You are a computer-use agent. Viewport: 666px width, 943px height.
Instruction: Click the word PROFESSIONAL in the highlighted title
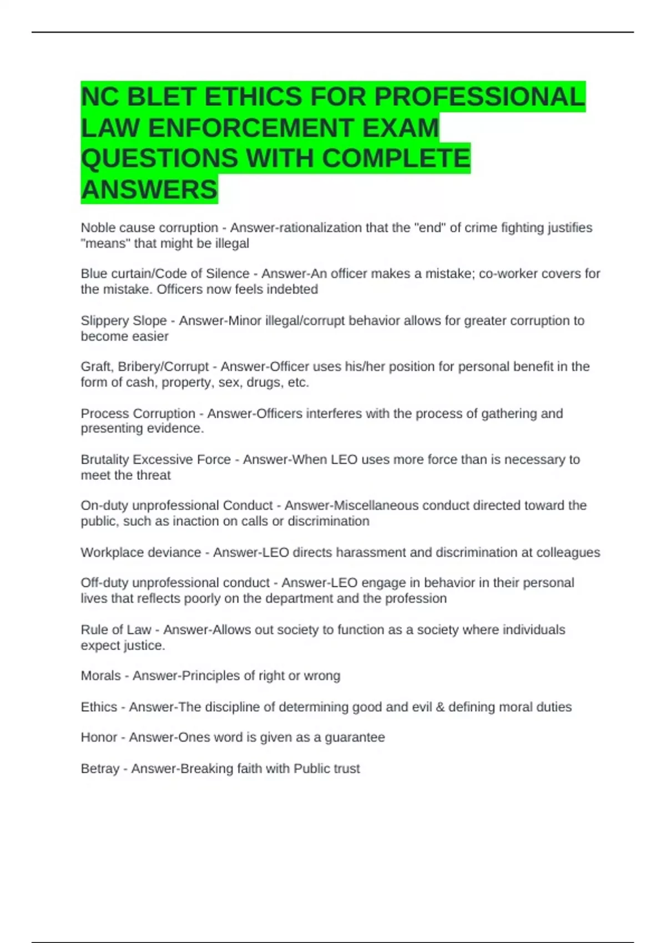coord(480,97)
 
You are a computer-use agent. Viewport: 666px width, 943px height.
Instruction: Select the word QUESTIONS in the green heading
coord(159,159)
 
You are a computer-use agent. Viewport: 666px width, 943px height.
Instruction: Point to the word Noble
coord(98,228)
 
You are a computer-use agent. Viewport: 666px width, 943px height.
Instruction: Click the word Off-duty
coord(104,583)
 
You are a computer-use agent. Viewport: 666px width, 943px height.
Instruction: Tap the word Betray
coord(100,769)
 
